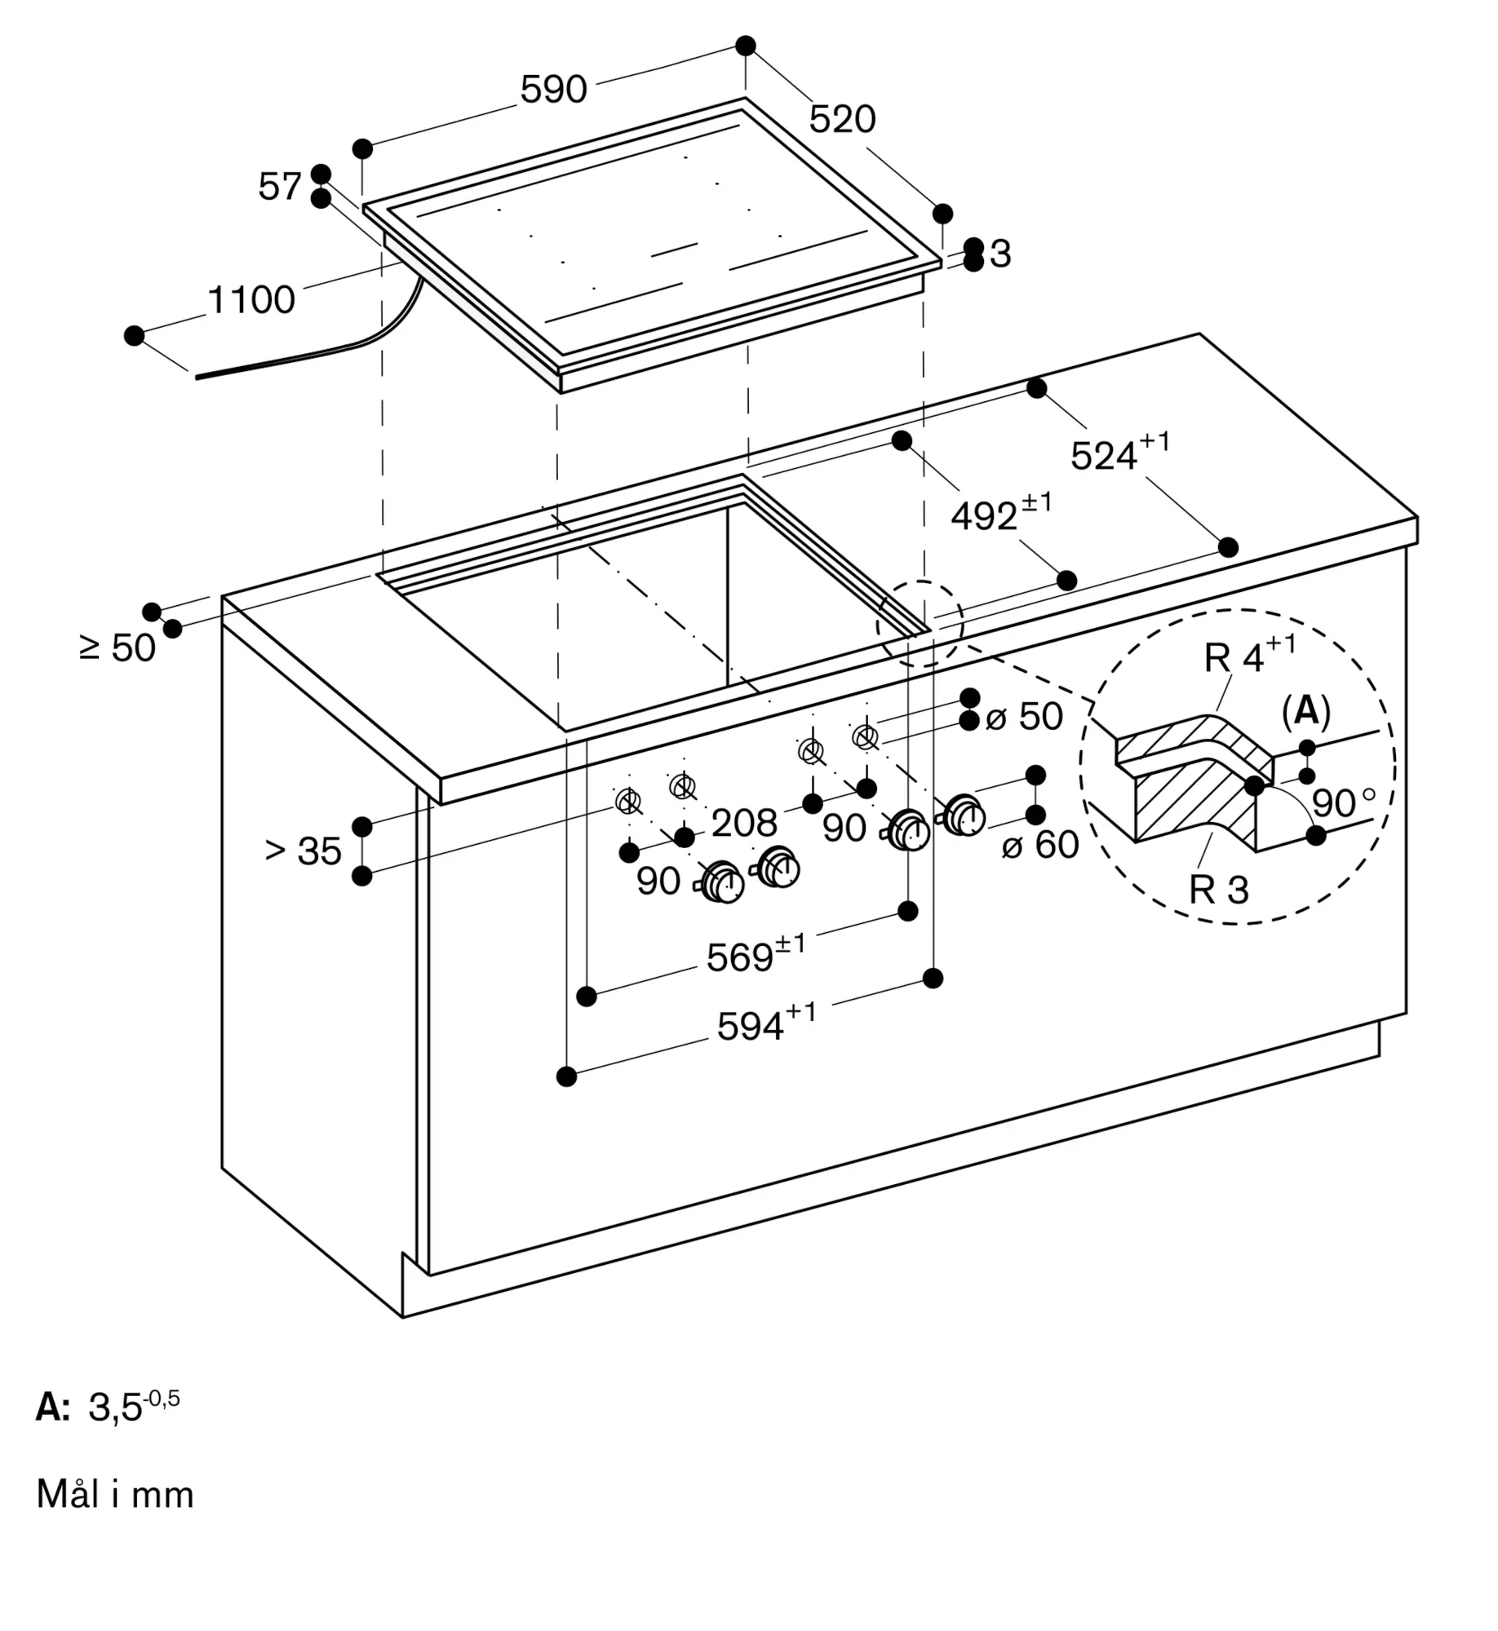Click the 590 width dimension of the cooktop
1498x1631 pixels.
click(553, 89)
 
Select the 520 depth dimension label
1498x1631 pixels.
click(842, 119)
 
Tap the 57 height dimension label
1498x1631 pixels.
click(280, 187)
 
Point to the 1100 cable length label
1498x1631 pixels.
click(251, 300)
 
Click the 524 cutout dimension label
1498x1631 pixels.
click(1119, 452)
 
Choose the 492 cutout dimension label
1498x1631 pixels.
click(1001, 512)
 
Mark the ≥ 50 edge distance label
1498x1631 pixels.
click(117, 648)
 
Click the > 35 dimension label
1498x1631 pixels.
click(304, 851)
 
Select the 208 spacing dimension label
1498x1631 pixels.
click(744, 824)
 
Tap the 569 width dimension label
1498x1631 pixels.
click(756, 953)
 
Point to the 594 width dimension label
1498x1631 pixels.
click(766, 1023)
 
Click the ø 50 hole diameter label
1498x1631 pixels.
click(1024, 717)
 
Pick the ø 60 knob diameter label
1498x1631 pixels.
click(1040, 845)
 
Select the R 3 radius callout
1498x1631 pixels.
click(1219, 890)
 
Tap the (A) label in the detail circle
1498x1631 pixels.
click(1305, 712)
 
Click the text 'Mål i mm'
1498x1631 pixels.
click(115, 1495)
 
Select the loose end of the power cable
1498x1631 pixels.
click(197, 377)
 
